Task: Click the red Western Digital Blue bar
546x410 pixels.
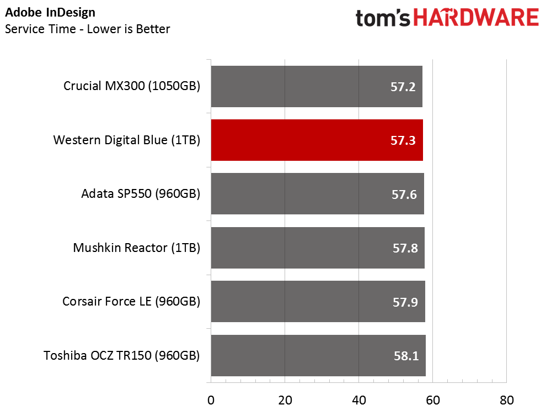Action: pyautogui.click(x=317, y=140)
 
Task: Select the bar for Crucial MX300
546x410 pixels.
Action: pyautogui.click(x=317, y=87)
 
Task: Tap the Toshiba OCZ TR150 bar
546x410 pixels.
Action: pyautogui.click(x=318, y=355)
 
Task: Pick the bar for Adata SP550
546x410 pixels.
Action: pyautogui.click(x=318, y=193)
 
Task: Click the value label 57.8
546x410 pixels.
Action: pyautogui.click(x=405, y=248)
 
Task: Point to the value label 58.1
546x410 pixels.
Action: pyautogui.click(x=406, y=356)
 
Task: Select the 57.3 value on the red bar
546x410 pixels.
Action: pyautogui.click(x=403, y=140)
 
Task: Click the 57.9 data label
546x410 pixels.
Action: pyautogui.click(x=405, y=302)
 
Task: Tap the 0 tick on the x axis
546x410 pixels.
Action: pyautogui.click(x=211, y=400)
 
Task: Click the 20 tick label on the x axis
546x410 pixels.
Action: pyautogui.click(x=285, y=400)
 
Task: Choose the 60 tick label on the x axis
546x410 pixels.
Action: pyautogui.click(x=433, y=400)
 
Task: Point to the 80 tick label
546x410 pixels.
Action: pyautogui.click(x=507, y=400)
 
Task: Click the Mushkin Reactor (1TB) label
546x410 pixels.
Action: pyautogui.click(x=137, y=248)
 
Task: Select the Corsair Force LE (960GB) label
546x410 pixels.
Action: pyautogui.click(x=131, y=302)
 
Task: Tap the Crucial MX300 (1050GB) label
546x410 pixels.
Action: pyautogui.click(x=132, y=86)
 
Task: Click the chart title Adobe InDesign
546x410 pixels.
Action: pyautogui.click(x=50, y=13)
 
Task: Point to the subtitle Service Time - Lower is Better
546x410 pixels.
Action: pyautogui.click(x=87, y=29)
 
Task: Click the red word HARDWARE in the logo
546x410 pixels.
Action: pyautogui.click(x=476, y=18)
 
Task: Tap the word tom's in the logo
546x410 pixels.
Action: pyautogui.click(x=383, y=18)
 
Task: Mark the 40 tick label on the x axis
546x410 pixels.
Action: pyautogui.click(x=359, y=400)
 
